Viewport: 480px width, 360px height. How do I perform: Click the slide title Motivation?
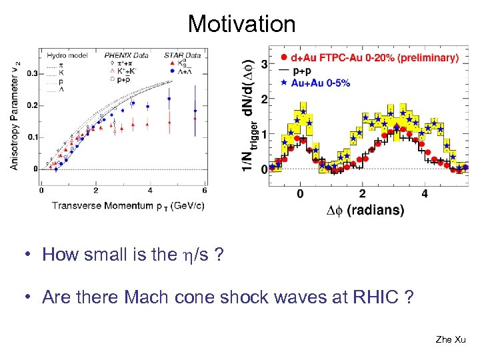(241, 24)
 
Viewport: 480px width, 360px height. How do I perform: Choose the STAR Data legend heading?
(182, 55)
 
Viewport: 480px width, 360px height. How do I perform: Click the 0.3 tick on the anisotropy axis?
(32, 74)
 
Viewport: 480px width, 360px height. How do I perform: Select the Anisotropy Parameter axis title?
(16, 113)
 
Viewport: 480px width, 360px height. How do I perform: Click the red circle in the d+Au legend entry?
(285, 58)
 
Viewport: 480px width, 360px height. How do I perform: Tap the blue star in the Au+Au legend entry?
(285, 83)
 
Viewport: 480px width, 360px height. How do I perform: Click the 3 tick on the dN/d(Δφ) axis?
(264, 65)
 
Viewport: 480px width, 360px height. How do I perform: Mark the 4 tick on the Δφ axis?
(425, 193)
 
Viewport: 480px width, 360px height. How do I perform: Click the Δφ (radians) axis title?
(365, 210)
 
